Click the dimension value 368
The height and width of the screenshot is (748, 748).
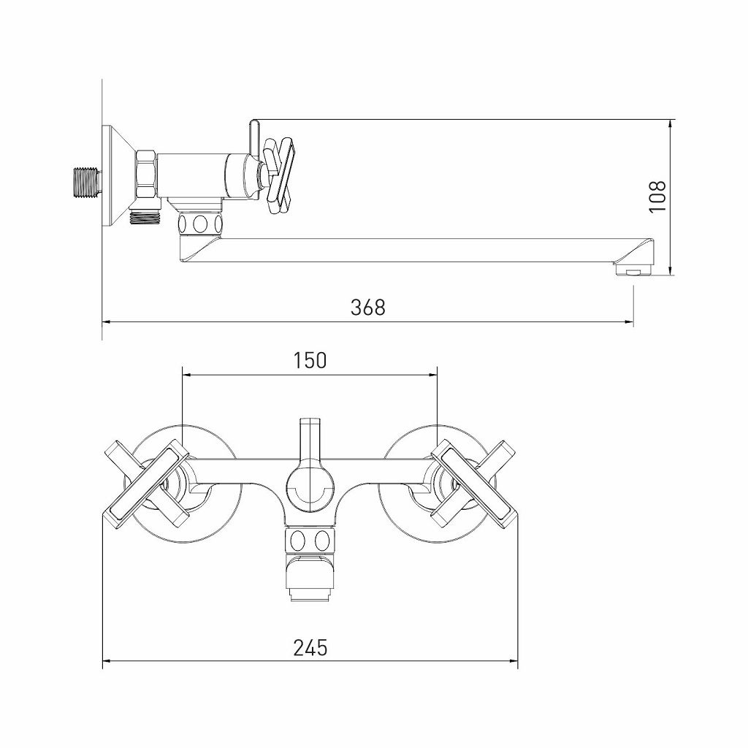[367, 308]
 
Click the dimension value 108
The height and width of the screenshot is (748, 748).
[658, 196]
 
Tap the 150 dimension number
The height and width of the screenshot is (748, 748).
[310, 361]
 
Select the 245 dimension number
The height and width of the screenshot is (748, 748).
[310, 647]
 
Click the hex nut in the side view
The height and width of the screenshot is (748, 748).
[145, 175]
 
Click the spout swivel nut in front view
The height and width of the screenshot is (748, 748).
[310, 541]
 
